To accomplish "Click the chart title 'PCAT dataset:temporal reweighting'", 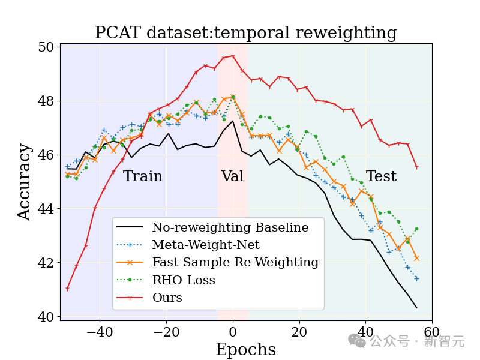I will [246, 33].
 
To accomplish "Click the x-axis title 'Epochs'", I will [245, 350].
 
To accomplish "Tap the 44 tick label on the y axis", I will [46, 209].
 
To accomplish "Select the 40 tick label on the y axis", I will [46, 317].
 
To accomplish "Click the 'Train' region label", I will [143, 176].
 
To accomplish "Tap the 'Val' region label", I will [233, 176].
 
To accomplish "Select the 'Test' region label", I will [381, 176].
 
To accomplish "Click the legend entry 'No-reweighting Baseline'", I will [230, 227].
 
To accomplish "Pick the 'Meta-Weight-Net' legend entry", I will [206, 245].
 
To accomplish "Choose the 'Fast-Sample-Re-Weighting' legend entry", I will [235, 262].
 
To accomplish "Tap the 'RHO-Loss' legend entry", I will [183, 280].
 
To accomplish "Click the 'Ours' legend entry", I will [167, 297].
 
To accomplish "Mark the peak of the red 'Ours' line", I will [233, 56].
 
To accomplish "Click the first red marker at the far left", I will [67, 289].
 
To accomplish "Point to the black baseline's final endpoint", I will [416, 308].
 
